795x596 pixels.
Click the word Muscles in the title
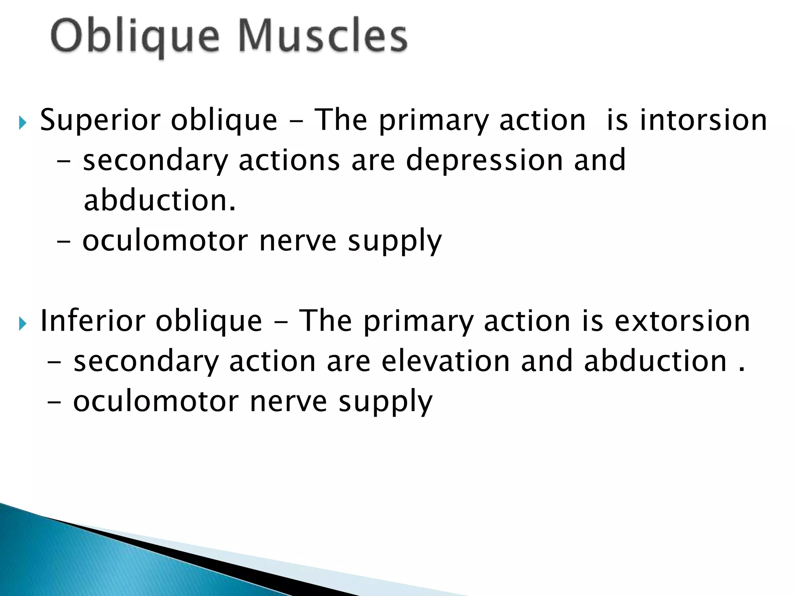pos(322,36)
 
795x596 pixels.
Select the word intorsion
pos(703,120)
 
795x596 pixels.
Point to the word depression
pos(484,160)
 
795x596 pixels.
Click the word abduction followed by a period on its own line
pos(160,201)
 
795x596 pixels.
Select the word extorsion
pos(682,321)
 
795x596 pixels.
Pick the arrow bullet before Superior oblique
pos(23,124)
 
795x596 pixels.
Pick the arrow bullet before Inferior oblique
pos(23,324)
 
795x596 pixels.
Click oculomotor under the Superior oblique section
pos(165,241)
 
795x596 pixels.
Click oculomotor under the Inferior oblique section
pos(156,402)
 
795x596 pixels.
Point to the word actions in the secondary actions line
pos(289,160)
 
